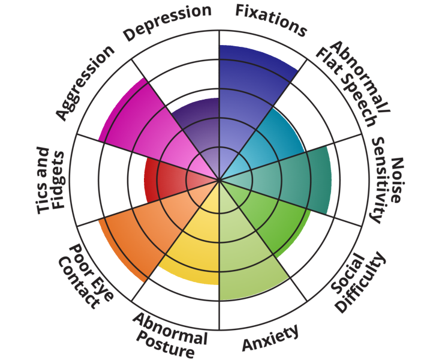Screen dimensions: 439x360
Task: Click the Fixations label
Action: (x=270, y=20)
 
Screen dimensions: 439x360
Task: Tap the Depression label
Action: (x=167, y=22)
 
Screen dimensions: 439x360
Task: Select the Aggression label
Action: (x=85, y=83)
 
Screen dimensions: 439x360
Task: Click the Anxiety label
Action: (x=270, y=338)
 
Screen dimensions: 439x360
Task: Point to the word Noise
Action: (x=396, y=180)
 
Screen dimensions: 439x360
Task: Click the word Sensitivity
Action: (x=380, y=180)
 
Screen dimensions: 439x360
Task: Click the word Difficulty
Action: (x=360, y=282)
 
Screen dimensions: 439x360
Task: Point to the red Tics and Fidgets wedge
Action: (x=168, y=180)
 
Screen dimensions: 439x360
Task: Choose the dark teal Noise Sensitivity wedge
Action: (x=294, y=180)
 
